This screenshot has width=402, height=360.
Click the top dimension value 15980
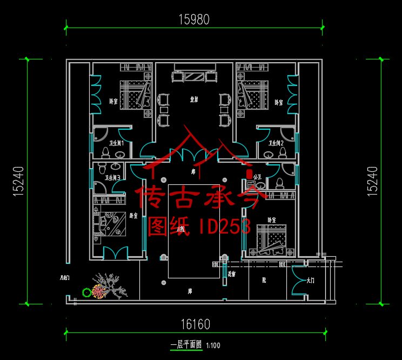(194, 19)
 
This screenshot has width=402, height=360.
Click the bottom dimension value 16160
(195, 324)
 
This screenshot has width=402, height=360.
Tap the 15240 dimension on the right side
(373, 180)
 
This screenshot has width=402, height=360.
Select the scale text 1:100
(213, 345)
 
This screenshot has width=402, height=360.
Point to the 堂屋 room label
(193, 99)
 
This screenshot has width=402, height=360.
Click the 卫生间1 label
(117, 143)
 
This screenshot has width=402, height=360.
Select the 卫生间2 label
(277, 143)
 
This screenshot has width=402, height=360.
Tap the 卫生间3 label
(112, 177)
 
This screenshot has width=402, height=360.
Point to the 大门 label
(310, 281)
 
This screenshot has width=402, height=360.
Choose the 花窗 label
(232, 274)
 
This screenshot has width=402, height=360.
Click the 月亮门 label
(65, 278)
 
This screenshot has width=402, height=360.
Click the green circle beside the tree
(86, 292)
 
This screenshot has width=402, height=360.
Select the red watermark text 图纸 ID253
(199, 226)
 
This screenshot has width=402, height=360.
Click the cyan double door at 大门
(298, 281)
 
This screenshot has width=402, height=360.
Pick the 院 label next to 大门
(264, 281)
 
